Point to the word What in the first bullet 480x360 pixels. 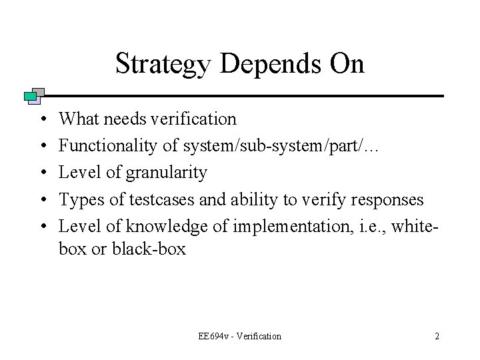(77, 119)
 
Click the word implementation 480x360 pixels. (263, 227)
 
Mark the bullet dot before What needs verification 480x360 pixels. (43, 119)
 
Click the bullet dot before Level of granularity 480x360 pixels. (43, 173)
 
